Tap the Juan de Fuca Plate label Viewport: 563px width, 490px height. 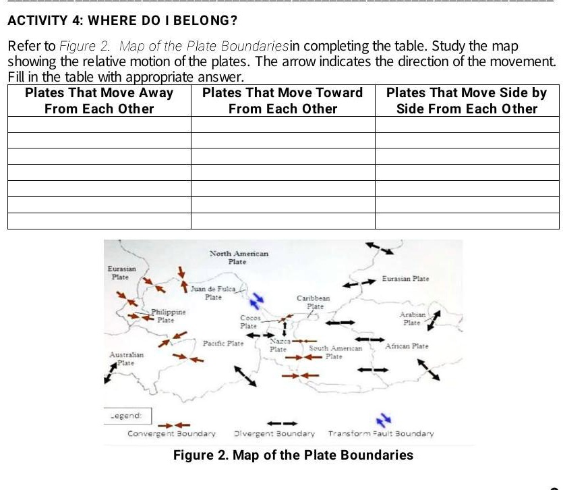coord(212,293)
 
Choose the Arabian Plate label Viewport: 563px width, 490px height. coord(412,319)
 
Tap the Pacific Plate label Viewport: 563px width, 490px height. coord(223,344)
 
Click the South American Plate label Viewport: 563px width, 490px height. coord(335,352)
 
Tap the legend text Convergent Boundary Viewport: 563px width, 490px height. coord(171,433)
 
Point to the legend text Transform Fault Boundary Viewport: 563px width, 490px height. coord(380,433)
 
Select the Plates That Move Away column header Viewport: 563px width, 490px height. coord(99,101)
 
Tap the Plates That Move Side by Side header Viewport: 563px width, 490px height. coord(467,101)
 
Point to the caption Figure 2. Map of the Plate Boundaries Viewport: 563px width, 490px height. coord(293,455)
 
